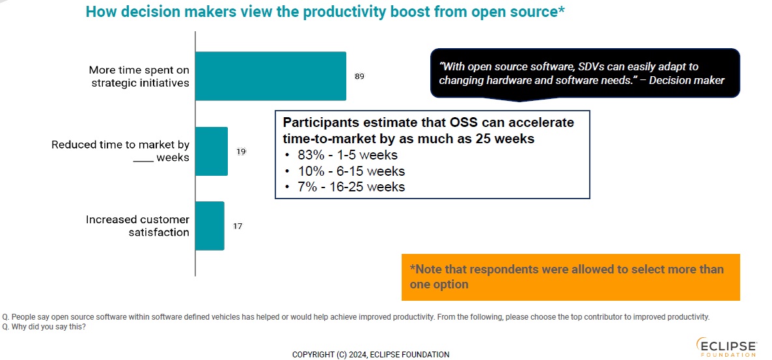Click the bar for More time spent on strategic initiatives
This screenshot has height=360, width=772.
tap(271, 76)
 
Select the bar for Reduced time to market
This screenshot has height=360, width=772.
tap(212, 151)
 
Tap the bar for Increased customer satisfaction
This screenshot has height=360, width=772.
tap(210, 226)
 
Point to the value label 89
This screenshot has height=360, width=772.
tap(359, 76)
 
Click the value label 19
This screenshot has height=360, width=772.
tap(241, 152)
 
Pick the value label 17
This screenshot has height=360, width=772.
tap(238, 227)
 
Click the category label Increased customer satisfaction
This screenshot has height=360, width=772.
tap(137, 226)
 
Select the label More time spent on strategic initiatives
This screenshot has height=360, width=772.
tap(139, 76)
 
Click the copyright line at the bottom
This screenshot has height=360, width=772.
tap(370, 355)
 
